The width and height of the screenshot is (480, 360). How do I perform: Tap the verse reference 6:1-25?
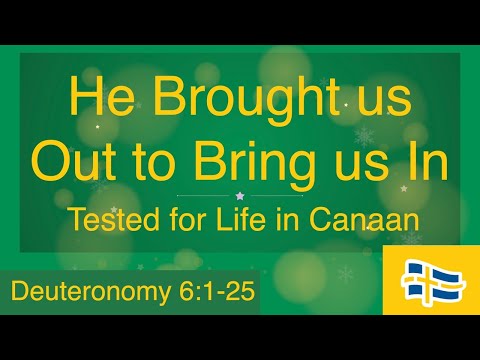pos(203,292)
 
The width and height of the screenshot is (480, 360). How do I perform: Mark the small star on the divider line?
pos(239,196)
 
